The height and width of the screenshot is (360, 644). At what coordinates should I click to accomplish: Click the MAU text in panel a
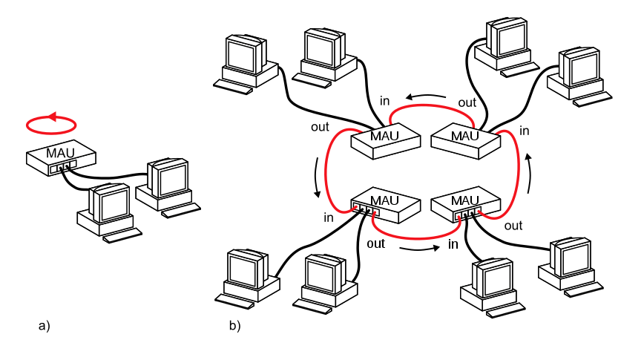[x=60, y=153]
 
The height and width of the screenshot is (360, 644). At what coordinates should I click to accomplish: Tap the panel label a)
[x=44, y=325]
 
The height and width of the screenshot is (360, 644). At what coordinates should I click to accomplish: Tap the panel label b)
[x=234, y=325]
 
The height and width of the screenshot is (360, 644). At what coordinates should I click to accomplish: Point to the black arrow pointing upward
[x=529, y=172]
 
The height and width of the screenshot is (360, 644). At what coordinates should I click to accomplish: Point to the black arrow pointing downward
[x=318, y=178]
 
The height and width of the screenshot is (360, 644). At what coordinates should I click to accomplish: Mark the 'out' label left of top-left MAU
[x=320, y=127]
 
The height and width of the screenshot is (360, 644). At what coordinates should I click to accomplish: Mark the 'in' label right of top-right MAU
[x=525, y=131]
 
